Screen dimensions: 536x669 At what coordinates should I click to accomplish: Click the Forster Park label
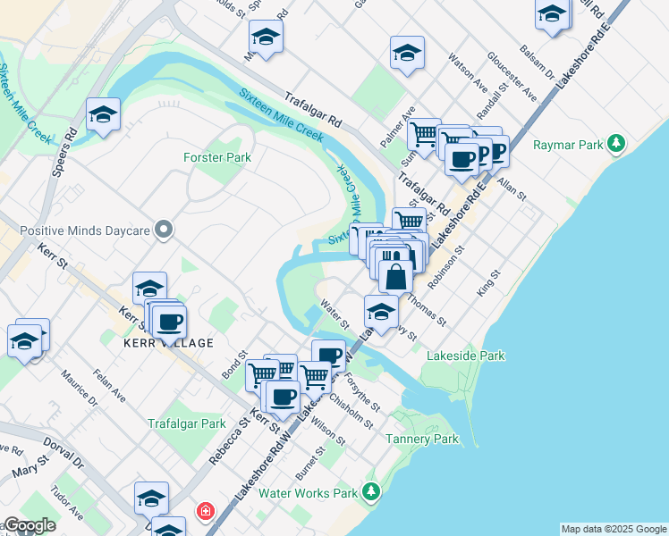point(217,157)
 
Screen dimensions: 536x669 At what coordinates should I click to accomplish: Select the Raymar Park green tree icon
point(615,143)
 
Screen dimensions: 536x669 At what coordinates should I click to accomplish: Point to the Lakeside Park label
point(465,356)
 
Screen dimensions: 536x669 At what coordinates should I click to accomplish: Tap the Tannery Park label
point(422,439)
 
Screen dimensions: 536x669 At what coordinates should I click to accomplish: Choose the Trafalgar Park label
point(187,423)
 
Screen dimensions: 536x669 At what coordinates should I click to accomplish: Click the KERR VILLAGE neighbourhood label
point(168,343)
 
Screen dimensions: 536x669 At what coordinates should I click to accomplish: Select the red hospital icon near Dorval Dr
point(206,511)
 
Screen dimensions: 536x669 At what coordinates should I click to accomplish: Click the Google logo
point(29,525)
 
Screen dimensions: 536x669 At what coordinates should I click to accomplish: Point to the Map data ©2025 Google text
point(614,529)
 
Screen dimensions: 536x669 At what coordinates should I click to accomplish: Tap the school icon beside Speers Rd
point(104,114)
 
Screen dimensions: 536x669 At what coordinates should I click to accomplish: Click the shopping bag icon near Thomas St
point(395,275)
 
